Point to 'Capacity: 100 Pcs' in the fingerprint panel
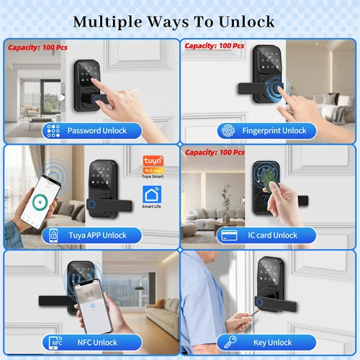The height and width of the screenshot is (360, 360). pyautogui.click(x=215, y=46)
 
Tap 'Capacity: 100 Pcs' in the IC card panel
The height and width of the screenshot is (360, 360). pyautogui.click(x=215, y=153)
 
